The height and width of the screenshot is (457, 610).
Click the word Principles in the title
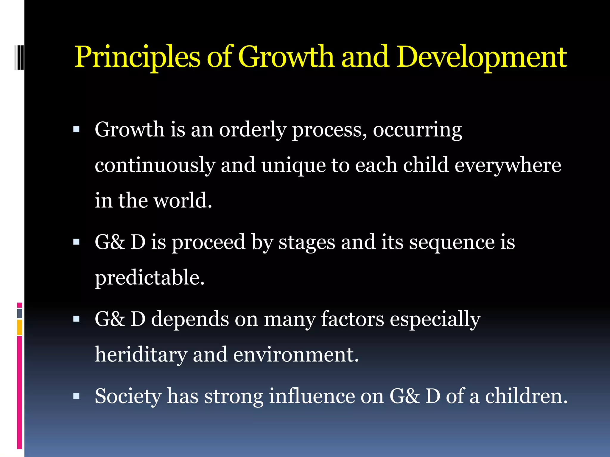pos(137,57)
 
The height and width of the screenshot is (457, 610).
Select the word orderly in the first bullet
pos(252,130)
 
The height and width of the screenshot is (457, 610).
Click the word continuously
pos(155,165)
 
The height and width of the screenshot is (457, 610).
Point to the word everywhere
pos(508,165)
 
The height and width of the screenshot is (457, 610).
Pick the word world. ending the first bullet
pos(183,201)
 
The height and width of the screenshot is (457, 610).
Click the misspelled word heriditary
pos(141,355)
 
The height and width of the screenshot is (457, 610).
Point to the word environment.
pos(296,355)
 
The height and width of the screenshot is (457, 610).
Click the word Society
pos(128,396)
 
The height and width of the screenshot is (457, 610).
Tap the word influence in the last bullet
pos(312,396)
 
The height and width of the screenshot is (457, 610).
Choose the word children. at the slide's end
pos(526,396)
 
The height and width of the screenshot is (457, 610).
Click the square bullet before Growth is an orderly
pos(77,129)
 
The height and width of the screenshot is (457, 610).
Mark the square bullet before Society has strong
pos(77,396)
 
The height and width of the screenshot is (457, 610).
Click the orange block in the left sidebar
pos(19,327)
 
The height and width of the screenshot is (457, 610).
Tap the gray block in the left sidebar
pos(19,313)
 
